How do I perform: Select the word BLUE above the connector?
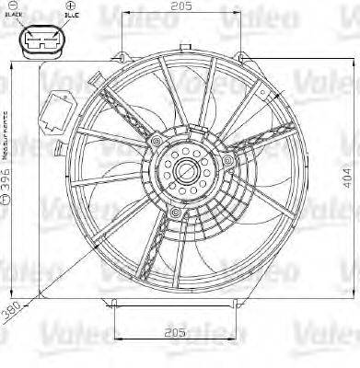click(69, 17)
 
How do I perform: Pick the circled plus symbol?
click(70, 7)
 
